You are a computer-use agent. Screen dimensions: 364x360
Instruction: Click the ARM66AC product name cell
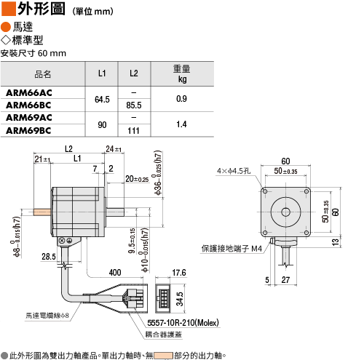29,93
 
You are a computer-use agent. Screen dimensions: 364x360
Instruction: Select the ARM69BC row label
28,131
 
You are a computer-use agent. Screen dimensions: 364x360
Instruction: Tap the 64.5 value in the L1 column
102,100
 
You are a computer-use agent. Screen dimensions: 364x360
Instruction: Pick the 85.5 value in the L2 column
134,105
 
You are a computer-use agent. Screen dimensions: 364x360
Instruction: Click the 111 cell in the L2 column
134,131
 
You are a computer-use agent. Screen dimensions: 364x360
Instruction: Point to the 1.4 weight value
181,124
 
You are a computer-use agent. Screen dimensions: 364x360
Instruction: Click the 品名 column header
43,74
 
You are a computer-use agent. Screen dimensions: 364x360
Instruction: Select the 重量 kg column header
182,73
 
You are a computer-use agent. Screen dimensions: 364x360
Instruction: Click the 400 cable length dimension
115,273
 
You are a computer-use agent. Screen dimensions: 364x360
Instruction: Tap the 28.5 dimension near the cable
49,257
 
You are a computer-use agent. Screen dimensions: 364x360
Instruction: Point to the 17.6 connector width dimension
179,273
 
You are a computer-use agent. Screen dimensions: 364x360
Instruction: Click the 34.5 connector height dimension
180,299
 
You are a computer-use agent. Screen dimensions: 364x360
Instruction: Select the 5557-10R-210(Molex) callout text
183,323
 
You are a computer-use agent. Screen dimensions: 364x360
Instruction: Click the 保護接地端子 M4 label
232,249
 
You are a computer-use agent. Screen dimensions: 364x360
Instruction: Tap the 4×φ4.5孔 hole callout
234,171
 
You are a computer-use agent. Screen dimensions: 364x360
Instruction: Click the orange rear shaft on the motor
42,212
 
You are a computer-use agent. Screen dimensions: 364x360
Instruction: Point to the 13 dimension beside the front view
336,242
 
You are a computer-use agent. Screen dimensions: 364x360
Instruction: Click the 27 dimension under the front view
285,280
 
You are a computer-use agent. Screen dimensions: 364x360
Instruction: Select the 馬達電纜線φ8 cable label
47,316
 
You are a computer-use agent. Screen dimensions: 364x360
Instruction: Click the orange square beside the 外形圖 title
9,9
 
